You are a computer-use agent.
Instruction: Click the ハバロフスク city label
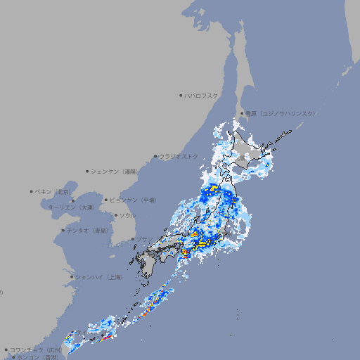(x=202, y=95)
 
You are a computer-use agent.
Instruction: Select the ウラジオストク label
(x=179, y=156)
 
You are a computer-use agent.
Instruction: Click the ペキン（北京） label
(x=54, y=191)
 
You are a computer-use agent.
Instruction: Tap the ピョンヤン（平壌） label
(x=133, y=200)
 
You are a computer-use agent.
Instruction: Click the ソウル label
(x=127, y=215)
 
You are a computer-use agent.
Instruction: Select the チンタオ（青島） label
(x=87, y=230)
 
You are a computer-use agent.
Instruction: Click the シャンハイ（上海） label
(x=98, y=277)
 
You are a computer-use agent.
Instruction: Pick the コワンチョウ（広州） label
(x=35, y=349)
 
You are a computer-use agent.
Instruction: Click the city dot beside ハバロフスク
(x=181, y=95)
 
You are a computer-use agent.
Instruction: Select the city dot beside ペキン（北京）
(x=32, y=191)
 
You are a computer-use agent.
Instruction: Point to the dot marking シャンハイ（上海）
(x=72, y=277)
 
